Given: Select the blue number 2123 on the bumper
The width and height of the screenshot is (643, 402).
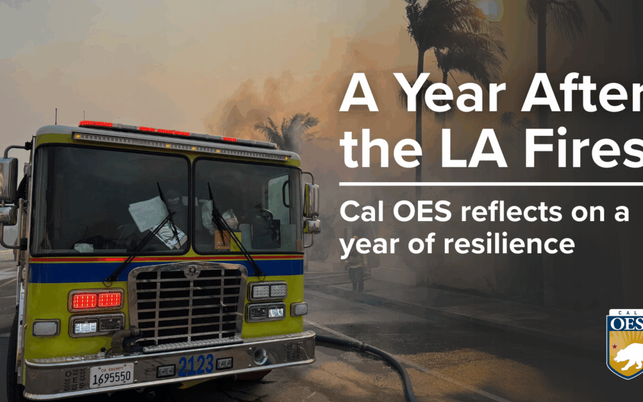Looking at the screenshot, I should pos(196,364).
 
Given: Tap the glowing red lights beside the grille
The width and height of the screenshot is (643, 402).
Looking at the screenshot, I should pos(96,300).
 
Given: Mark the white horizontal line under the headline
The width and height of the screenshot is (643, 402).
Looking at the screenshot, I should pos(491,184).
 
